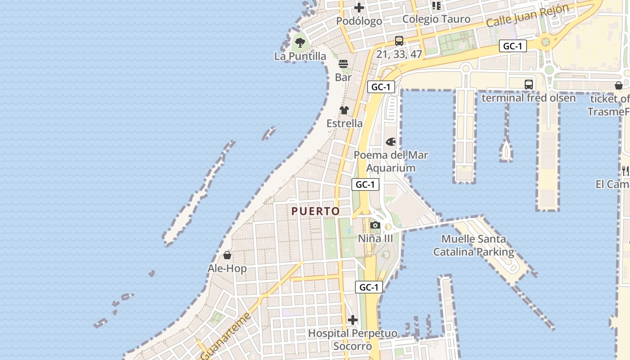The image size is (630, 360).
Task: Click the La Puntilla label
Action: tap(300, 56)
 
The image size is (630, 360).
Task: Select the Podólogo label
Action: tap(359, 21)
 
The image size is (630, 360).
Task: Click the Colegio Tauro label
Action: tap(436, 19)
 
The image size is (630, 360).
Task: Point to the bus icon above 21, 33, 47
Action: tap(399, 41)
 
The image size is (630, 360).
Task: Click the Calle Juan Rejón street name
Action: tap(528, 15)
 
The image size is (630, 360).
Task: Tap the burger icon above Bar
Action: tap(343, 64)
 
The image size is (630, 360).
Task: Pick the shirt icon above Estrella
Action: tap(344, 110)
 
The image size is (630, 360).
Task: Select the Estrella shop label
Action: tap(344, 123)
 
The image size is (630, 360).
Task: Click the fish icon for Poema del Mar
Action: tap(391, 142)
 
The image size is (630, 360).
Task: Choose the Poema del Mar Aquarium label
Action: tap(391, 162)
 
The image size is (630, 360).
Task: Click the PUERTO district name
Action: tap(315, 211)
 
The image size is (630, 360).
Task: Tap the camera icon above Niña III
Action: tap(375, 225)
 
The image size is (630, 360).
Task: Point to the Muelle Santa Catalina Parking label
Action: tap(473, 245)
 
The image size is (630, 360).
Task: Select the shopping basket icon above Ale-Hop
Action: tap(227, 256)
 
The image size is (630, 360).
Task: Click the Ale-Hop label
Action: tap(227, 269)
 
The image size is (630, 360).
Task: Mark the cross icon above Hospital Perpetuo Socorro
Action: tap(353, 320)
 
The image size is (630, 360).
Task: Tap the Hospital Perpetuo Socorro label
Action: tap(353, 340)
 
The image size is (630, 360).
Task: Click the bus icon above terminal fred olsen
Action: tap(529, 85)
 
